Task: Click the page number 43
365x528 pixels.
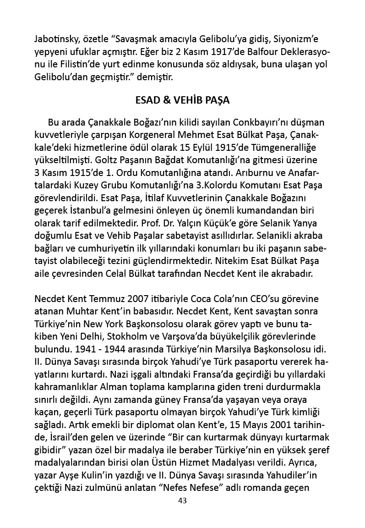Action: click(x=182, y=500)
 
